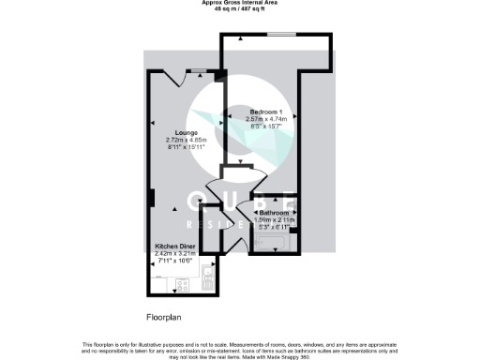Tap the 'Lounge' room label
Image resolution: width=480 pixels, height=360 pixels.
172,132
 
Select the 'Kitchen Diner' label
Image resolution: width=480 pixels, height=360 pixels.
177,245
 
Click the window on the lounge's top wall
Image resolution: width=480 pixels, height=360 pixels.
199,70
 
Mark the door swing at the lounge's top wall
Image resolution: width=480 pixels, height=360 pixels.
171,78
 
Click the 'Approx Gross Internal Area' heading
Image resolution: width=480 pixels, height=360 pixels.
240,4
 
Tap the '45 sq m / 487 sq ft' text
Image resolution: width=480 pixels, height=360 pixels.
240,10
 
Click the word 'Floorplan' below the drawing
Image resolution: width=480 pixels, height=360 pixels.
165,317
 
